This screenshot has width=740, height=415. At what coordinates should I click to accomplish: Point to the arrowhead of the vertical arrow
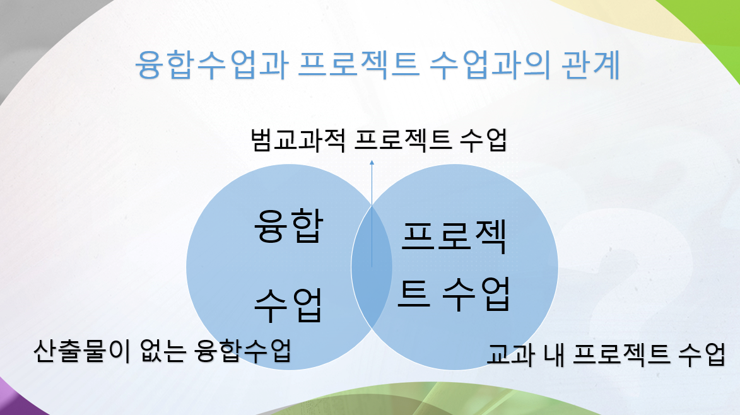tap(372, 163)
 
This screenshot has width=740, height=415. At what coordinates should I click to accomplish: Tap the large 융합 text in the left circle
tap(288, 229)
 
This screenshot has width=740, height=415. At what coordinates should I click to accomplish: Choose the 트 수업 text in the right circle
tap(454, 294)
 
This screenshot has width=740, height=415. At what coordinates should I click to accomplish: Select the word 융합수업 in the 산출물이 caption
tap(244, 351)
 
